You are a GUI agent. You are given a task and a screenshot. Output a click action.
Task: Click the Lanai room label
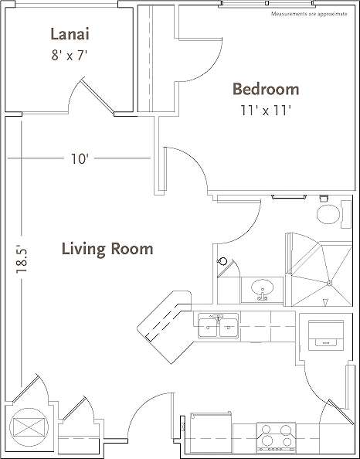point(69,34)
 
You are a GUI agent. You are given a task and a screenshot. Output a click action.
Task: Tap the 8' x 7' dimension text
point(69,55)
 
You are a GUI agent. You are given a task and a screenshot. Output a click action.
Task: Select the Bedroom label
point(266,90)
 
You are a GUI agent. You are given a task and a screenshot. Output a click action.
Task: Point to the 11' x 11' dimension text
point(266,110)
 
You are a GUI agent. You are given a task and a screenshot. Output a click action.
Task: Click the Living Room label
point(107,249)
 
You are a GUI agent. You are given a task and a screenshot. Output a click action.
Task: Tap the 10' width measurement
point(80,159)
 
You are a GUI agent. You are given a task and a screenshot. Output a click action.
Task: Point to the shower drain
point(328,284)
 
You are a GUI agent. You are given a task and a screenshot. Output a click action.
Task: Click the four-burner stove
point(276,437)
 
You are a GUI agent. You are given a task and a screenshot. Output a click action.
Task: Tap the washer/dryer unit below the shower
point(323,332)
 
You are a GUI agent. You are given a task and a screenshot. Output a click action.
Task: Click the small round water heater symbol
point(222,262)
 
